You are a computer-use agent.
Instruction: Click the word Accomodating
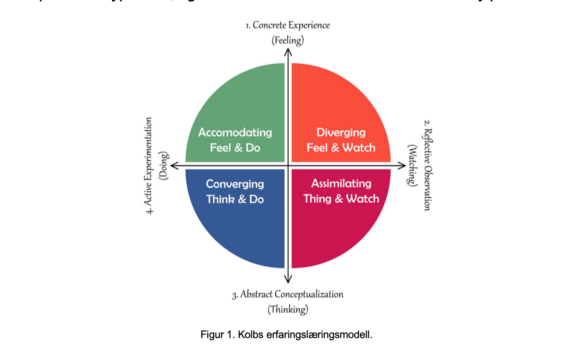click(x=235, y=132)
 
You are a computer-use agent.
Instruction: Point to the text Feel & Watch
click(x=341, y=148)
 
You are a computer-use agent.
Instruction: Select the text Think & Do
click(x=235, y=199)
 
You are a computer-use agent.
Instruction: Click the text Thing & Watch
click(x=341, y=199)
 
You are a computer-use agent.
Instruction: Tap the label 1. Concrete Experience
click(x=287, y=25)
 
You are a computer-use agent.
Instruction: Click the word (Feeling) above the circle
click(x=287, y=41)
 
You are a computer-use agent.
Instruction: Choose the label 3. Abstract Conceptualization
click(x=287, y=294)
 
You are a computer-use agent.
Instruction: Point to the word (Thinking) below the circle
click(x=287, y=310)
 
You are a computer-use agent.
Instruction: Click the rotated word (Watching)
click(x=412, y=165)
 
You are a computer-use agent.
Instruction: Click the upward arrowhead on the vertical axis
click(x=288, y=52)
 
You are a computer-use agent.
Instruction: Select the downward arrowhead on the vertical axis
click(x=288, y=279)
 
